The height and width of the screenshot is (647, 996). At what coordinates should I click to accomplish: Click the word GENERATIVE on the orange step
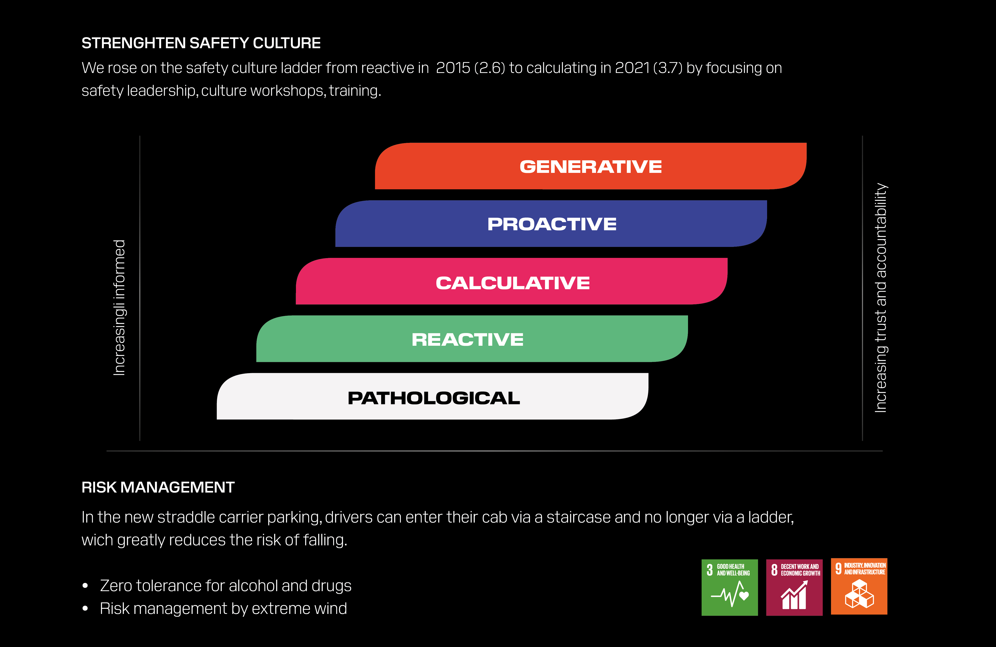coord(591,167)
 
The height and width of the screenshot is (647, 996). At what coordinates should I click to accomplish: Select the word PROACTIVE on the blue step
coord(552,224)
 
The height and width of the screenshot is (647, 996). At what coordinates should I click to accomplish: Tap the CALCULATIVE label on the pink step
coord(513,283)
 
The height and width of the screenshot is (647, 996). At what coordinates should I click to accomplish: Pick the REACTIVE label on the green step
coord(467,339)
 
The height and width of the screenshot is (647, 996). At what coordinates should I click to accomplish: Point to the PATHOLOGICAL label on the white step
coord(433,398)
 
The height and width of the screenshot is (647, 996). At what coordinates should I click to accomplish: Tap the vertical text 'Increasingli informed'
coord(119,308)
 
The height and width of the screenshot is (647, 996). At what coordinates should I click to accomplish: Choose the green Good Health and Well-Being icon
coord(729,587)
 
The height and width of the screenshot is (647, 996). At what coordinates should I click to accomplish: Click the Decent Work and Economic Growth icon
coord(794,587)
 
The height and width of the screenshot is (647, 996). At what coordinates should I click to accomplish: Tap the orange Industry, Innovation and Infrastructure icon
coord(859,586)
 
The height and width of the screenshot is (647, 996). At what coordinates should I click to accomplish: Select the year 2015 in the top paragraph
coord(453,68)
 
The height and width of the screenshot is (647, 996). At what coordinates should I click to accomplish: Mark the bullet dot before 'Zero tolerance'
coord(85,586)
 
